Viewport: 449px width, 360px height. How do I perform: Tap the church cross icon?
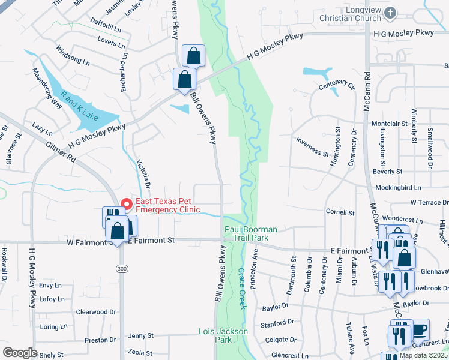click(x=391, y=12)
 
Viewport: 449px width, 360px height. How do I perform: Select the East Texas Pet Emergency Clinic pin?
click(x=126, y=204)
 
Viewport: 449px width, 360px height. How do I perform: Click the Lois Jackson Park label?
click(x=223, y=335)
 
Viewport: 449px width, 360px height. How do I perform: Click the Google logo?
click(x=20, y=352)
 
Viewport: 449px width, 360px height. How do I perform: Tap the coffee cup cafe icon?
click(x=419, y=329)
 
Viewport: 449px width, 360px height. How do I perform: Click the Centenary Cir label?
click(x=337, y=86)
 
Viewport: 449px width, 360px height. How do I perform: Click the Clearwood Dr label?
click(x=95, y=312)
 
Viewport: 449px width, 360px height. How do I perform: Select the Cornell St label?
click(x=340, y=212)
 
